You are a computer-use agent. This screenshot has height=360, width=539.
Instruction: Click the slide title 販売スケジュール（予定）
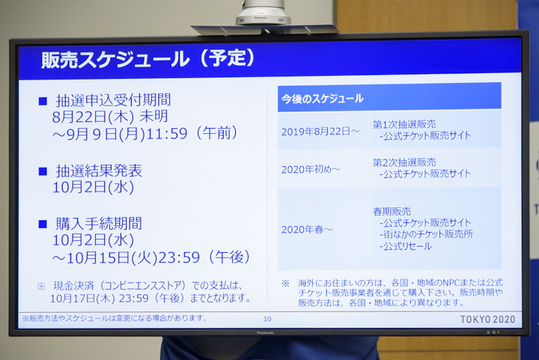click(x=147, y=59)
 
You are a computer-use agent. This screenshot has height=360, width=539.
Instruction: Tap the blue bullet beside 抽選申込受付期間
click(x=43, y=100)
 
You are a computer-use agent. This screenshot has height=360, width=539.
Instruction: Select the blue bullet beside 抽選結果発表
click(x=43, y=171)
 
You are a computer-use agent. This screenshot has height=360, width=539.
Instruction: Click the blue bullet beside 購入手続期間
click(x=43, y=224)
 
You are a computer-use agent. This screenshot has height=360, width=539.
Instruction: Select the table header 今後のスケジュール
click(x=323, y=98)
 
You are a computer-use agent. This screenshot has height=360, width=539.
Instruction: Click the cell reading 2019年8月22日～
click(x=320, y=132)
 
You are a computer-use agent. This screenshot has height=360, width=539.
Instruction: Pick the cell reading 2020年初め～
click(x=311, y=169)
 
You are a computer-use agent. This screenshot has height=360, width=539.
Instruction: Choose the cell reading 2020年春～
click(x=307, y=229)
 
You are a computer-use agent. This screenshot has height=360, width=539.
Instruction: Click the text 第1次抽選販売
click(x=404, y=124)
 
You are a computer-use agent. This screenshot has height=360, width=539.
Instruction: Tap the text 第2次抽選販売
click(x=404, y=162)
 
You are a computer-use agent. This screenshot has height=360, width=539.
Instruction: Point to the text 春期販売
click(x=392, y=212)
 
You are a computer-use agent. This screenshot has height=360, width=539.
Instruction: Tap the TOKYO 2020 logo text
click(x=487, y=319)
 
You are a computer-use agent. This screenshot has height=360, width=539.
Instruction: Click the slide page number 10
click(x=267, y=319)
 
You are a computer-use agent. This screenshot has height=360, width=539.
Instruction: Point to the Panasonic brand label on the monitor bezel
click(x=266, y=332)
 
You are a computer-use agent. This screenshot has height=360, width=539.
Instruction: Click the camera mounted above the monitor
click(x=263, y=13)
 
